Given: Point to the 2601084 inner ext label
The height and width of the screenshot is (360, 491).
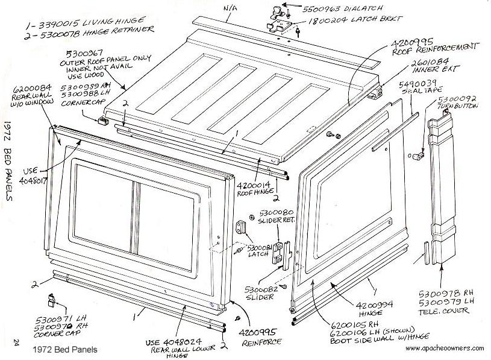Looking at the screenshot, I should [430, 71].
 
